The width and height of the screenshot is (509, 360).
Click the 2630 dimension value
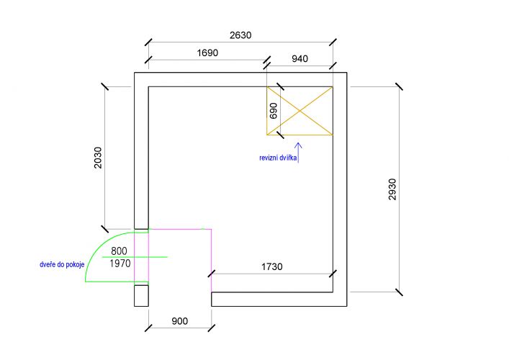[x=240, y=35]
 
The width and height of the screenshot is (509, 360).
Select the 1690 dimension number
[x=207, y=53]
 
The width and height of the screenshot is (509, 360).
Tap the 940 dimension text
[x=299, y=59]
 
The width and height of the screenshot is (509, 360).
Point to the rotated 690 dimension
[x=274, y=111]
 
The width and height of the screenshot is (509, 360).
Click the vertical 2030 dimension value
[x=98, y=158]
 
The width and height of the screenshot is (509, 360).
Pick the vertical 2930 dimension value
[x=392, y=189]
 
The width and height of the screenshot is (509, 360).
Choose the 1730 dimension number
[x=271, y=266]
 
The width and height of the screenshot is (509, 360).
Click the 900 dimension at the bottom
[x=179, y=321]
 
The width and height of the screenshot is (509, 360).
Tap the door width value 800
[x=119, y=251]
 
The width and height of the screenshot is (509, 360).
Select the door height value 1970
[x=120, y=264]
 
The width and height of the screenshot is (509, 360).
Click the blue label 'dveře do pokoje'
[x=62, y=264]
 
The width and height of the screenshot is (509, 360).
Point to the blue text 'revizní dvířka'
[x=278, y=158]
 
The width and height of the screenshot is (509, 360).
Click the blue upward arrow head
[x=298, y=145]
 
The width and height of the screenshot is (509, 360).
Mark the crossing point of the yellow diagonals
[x=299, y=111]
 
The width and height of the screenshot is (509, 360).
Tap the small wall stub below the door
[x=142, y=296]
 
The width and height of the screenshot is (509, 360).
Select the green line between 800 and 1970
[x=135, y=257]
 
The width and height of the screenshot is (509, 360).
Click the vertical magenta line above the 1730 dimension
[x=212, y=261]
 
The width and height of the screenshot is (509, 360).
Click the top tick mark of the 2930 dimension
[x=399, y=86]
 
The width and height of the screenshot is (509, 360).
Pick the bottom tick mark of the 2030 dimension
[x=105, y=229]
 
